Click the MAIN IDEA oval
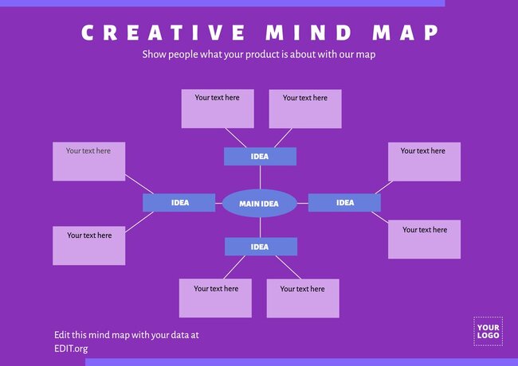tap(259, 204)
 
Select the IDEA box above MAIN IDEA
tap(260, 157)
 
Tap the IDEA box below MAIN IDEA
tap(260, 247)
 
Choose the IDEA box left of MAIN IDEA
tap(179, 203)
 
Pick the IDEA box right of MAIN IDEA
tap(344, 203)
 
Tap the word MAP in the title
tap(406, 33)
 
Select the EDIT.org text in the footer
tap(71, 348)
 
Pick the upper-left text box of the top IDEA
tap(218, 109)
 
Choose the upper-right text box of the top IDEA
tap(305, 109)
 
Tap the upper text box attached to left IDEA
tap(89, 162)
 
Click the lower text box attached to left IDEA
tap(89, 246)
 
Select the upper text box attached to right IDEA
tap(424, 162)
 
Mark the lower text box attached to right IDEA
tap(425, 239)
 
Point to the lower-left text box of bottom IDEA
tap(215, 298)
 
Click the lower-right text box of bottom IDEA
tap(303, 298)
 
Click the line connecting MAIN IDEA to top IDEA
tap(260, 177)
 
